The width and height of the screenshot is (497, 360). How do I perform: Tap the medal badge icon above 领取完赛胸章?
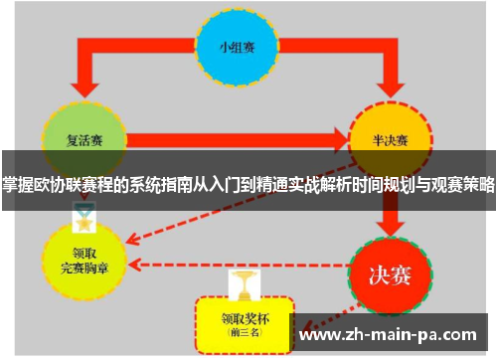pos(82,215)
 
